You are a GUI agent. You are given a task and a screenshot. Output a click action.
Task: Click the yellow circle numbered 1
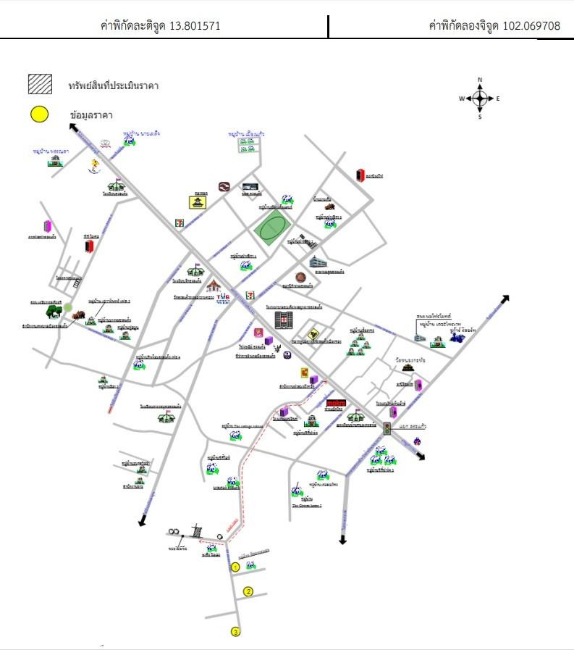(235, 567)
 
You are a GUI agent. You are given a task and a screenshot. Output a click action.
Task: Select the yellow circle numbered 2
(248, 591)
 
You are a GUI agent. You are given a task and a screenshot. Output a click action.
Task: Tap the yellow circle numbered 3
(235, 632)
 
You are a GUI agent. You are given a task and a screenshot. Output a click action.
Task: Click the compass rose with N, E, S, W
(480, 98)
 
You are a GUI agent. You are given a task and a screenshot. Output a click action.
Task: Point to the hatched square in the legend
(40, 84)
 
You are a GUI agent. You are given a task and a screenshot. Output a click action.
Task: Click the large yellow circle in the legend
(39, 114)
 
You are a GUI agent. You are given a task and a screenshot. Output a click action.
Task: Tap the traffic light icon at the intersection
(387, 428)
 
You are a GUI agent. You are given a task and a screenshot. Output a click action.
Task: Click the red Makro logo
(336, 402)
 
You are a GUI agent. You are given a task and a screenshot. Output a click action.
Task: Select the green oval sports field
(271, 229)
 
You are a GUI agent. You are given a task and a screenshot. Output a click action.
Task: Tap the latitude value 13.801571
(195, 26)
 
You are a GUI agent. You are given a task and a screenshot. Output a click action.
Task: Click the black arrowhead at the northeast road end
(505, 299)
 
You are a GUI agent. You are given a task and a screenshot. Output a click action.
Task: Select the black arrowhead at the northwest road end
(74, 128)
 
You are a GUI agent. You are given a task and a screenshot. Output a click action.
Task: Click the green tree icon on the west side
(53, 312)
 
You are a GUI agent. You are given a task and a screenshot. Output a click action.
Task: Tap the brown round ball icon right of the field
(300, 277)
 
